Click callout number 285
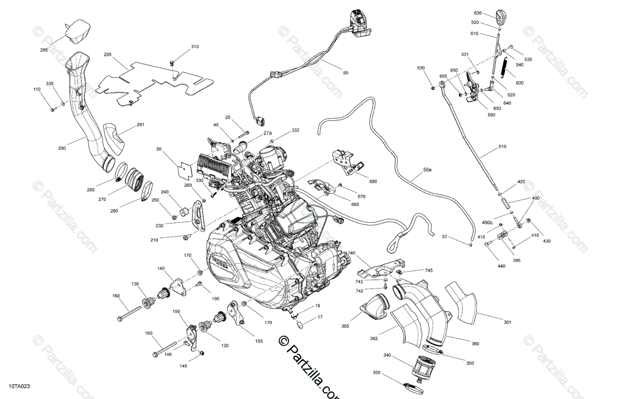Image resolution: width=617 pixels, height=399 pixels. [44, 50]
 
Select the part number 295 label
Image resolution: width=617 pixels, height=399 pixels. [107, 54]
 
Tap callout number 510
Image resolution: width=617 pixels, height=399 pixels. [502, 146]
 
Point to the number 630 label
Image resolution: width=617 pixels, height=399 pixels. [478, 13]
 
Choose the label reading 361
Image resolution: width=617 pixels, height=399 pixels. [507, 322]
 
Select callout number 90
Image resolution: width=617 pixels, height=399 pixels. [346, 73]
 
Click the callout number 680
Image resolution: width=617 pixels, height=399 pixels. [373, 181]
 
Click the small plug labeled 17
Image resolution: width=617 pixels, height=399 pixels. [300, 325]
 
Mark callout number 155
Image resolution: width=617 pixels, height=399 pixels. [259, 340]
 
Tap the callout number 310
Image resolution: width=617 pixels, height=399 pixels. [194, 47]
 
